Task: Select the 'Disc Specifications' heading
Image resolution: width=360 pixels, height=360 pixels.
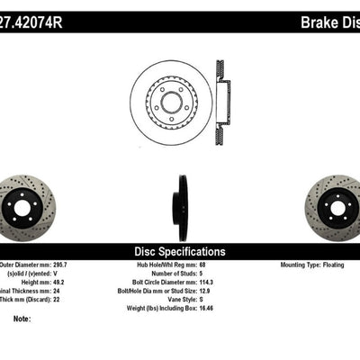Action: click(x=180, y=252)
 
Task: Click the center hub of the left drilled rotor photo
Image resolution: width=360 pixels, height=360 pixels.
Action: click(x=20, y=207)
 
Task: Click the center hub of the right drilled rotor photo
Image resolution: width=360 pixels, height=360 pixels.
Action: click(x=338, y=207)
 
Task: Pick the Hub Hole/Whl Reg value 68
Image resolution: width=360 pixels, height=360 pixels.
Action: click(x=203, y=266)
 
